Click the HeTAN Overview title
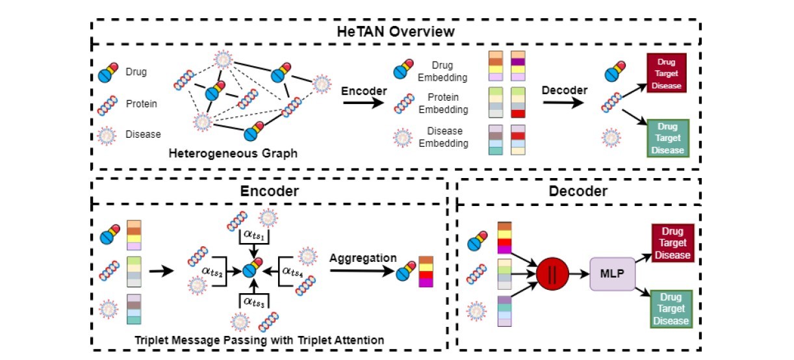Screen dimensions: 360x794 (x=395, y=31)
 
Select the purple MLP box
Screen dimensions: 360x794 (x=611, y=274)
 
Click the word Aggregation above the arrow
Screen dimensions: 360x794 (x=363, y=258)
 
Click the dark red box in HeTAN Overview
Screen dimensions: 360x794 (x=666, y=73)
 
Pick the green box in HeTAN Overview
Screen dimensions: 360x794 (x=666, y=138)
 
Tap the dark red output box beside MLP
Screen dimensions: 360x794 (x=672, y=243)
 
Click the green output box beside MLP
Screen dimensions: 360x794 (x=672, y=309)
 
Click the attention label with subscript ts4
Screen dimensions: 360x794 (x=294, y=268)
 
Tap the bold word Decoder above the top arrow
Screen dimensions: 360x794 (x=565, y=90)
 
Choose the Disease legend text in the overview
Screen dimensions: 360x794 (x=143, y=135)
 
